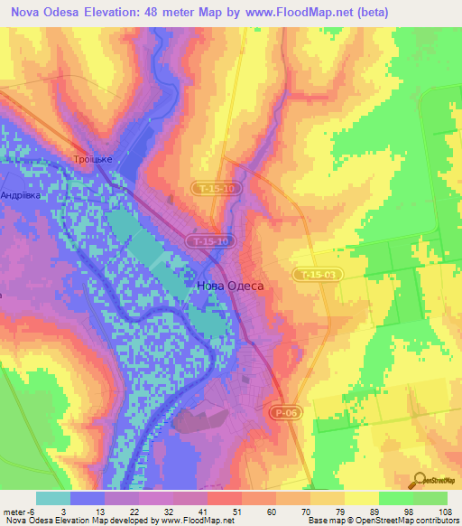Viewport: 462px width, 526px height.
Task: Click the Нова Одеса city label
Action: pyautogui.click(x=230, y=286)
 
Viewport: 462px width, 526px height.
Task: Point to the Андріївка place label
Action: pyautogui.click(x=21, y=194)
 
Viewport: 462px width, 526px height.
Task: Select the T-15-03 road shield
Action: pyautogui.click(x=316, y=274)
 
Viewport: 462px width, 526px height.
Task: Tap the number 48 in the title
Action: pyautogui.click(x=161, y=12)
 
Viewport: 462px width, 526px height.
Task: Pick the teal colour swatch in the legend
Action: pyautogui.click(x=52, y=498)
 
